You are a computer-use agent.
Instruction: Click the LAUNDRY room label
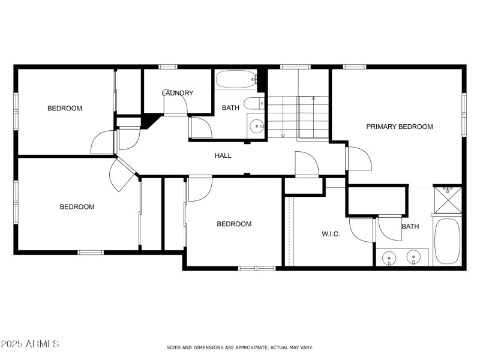178,93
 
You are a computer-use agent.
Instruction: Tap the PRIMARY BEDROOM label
400,127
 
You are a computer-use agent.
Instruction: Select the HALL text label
223,156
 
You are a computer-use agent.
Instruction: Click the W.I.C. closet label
331,234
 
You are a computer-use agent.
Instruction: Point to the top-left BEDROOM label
65,109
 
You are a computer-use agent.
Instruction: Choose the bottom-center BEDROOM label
234,224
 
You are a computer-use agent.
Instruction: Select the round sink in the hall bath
256,126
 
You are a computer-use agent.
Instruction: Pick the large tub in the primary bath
447,241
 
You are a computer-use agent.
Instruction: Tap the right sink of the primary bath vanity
413,257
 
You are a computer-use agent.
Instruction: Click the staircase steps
298,117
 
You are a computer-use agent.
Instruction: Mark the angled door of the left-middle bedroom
122,176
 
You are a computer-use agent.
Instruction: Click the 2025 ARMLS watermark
30,344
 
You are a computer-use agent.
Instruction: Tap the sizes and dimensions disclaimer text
239,347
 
